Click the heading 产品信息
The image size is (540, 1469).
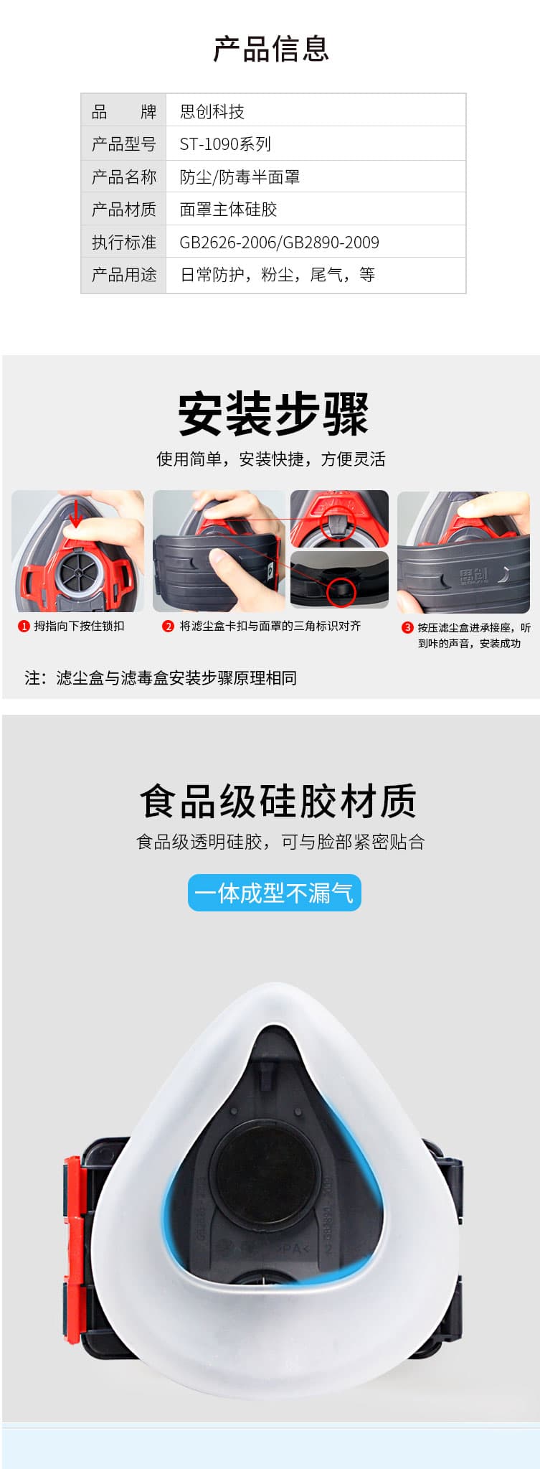point(270,49)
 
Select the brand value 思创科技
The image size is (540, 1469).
point(212,111)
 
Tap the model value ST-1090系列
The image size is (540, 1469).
point(224,144)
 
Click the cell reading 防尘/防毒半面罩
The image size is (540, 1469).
point(240,177)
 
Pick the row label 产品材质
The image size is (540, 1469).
point(123,210)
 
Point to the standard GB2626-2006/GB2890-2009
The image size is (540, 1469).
point(279,243)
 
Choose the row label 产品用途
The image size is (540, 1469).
point(123,275)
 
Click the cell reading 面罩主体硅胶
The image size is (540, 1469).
point(228,210)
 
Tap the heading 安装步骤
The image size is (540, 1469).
point(273,414)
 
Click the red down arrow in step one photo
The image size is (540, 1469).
point(75,513)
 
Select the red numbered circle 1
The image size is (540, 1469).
point(24,626)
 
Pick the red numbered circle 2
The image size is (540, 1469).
point(168,626)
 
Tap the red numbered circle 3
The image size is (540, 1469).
point(407,628)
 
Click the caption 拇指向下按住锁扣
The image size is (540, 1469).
point(79,626)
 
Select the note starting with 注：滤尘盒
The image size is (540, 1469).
point(161,678)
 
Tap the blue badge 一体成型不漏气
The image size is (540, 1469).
point(274,893)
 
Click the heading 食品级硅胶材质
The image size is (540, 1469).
point(278,801)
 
